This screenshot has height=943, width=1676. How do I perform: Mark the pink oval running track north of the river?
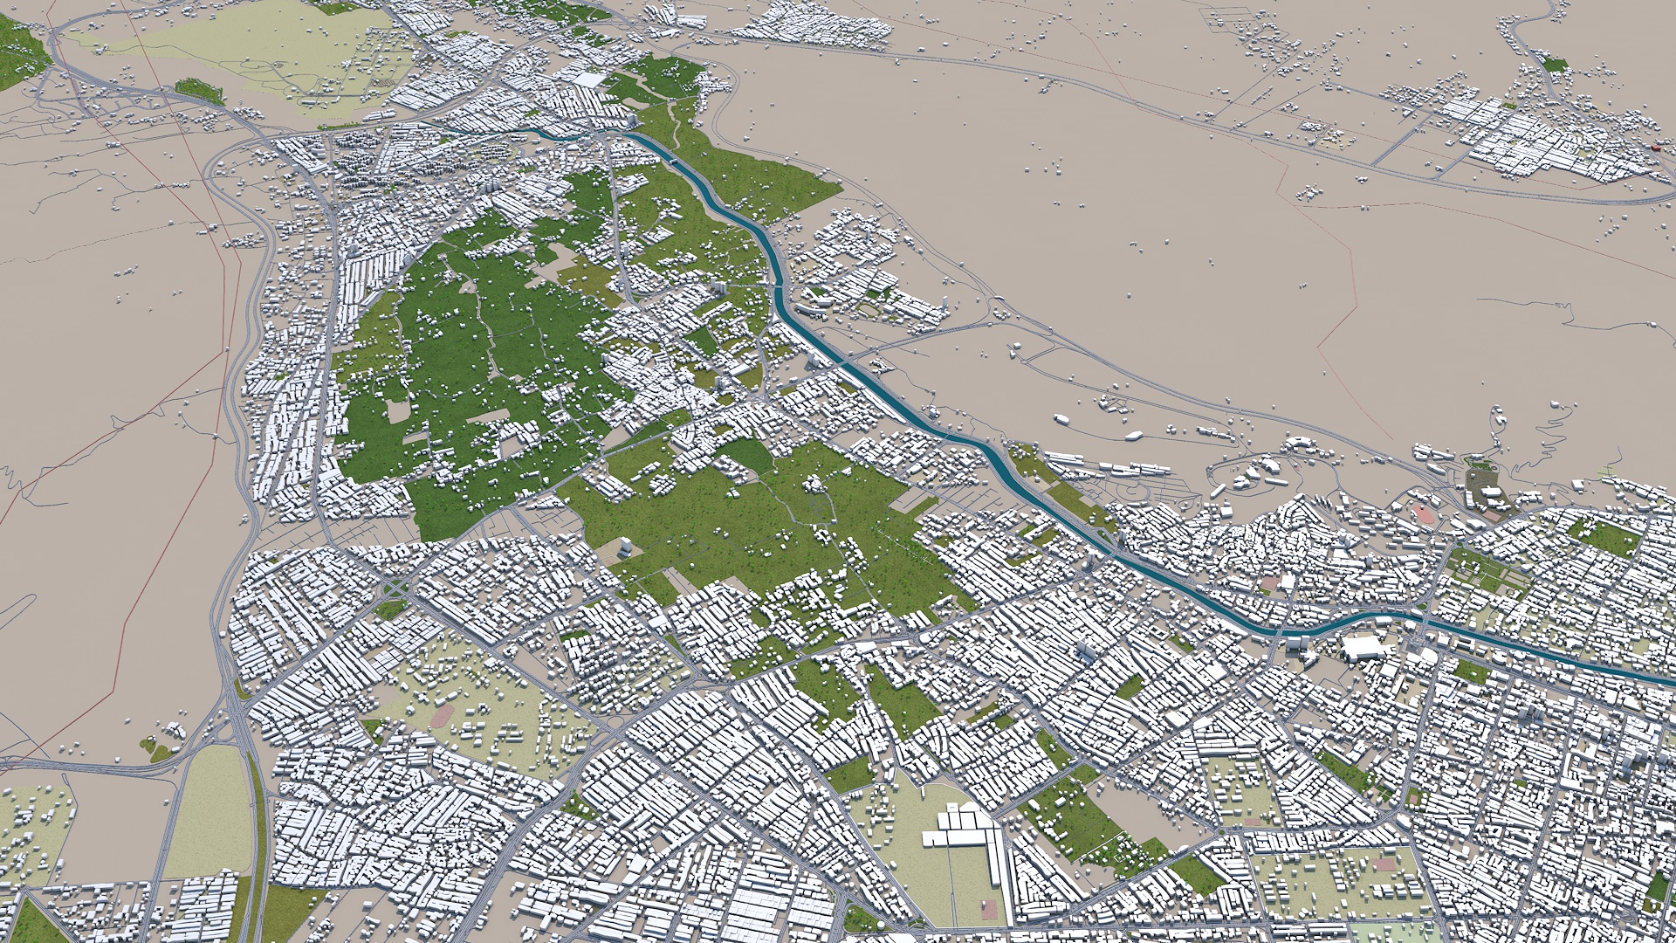(x=1425, y=512)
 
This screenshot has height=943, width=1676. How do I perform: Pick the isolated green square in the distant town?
(x=1555, y=64)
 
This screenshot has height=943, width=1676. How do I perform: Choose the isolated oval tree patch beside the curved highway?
(x=199, y=90)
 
